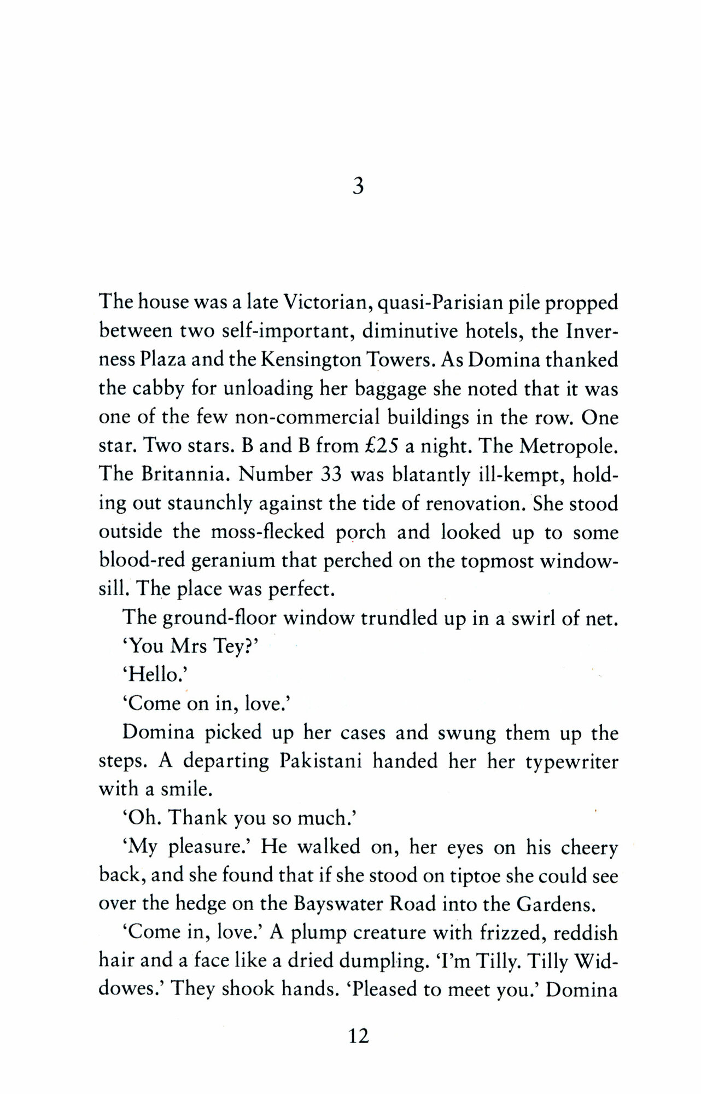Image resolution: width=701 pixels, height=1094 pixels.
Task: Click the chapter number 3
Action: pos(358,187)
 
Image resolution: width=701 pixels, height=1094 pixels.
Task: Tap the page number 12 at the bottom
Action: pos(358,1035)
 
